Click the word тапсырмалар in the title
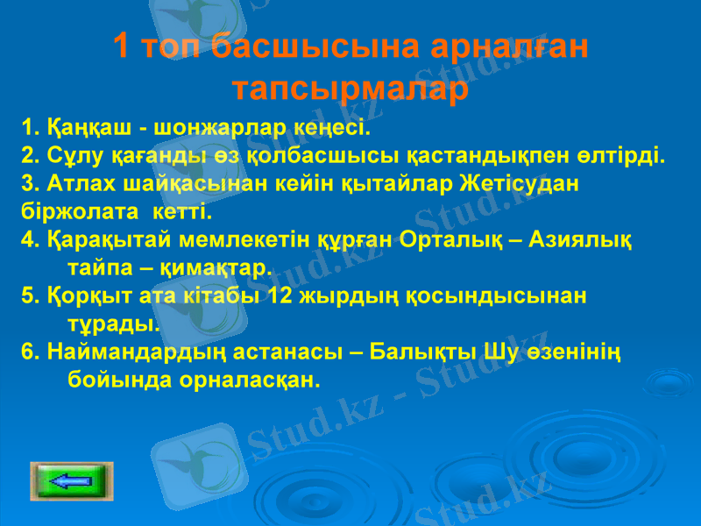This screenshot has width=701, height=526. click(x=350, y=89)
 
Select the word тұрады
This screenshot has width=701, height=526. click(x=114, y=322)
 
